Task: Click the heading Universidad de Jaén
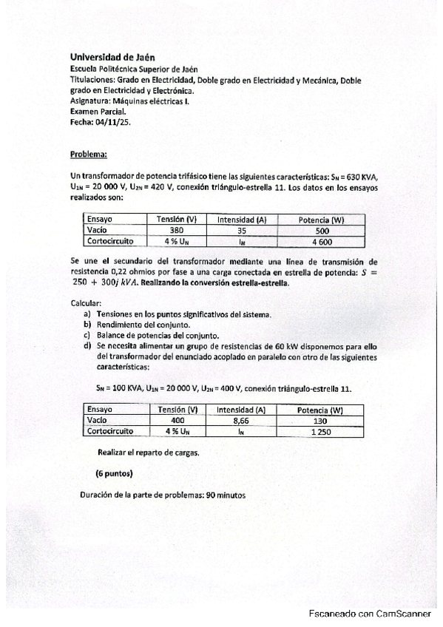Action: pos(112,56)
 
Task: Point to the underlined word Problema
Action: pos(88,155)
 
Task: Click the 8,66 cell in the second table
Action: pos(242,420)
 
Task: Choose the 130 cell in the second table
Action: pos(319,420)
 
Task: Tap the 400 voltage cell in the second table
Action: pos(177,420)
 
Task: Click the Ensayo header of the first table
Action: pos(99,220)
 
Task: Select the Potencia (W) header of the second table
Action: pos(319,410)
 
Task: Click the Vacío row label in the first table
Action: pos(98,230)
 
